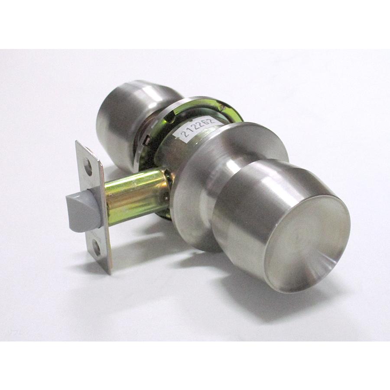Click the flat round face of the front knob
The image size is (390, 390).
[x=307, y=243]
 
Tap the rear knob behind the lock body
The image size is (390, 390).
[x=127, y=117]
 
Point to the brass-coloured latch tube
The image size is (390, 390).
[x=134, y=194]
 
